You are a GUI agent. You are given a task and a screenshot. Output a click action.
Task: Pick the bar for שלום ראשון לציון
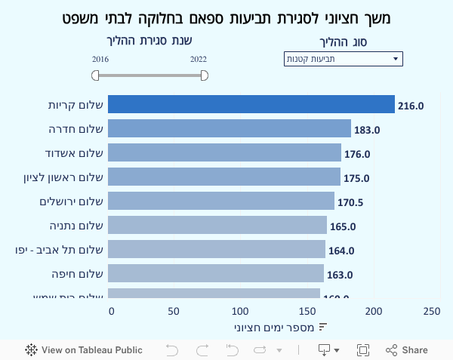click(x=223, y=177)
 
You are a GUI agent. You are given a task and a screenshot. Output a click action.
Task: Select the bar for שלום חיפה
click(x=215, y=273)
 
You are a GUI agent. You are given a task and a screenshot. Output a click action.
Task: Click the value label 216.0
click(x=411, y=106)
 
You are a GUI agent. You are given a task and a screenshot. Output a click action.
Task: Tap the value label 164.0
click(x=341, y=251)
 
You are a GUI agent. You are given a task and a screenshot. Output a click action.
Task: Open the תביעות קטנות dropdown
click(x=344, y=59)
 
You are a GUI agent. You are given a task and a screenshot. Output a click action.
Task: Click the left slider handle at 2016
click(x=95, y=75)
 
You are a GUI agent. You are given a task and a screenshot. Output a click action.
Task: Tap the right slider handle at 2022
click(x=205, y=75)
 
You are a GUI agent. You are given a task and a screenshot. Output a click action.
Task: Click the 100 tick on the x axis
click(x=240, y=311)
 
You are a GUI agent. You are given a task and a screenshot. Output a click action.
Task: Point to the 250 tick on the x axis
click(x=431, y=311)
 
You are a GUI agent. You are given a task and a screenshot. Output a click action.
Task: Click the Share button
click(x=407, y=350)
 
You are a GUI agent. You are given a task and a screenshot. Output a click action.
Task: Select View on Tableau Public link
click(x=84, y=350)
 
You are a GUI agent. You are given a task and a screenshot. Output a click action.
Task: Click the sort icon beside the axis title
click(x=322, y=327)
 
